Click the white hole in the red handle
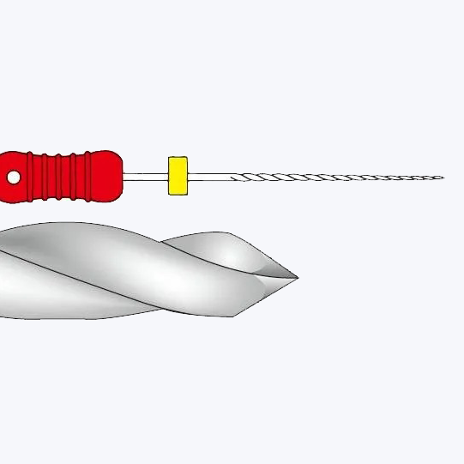[x=14, y=177]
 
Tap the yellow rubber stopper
[x=178, y=175]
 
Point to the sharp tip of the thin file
[x=442, y=178]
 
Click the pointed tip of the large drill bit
[x=297, y=277]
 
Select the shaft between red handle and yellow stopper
[x=144, y=177]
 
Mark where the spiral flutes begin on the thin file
[x=233, y=178]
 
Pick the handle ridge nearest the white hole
[x=33, y=177]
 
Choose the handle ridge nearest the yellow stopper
[x=89, y=177]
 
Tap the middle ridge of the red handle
[x=61, y=177]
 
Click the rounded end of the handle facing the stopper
[x=116, y=177]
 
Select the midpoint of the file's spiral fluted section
[x=337, y=178]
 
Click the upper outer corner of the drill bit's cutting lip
[x=230, y=233]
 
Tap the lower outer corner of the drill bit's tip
[x=232, y=316]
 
